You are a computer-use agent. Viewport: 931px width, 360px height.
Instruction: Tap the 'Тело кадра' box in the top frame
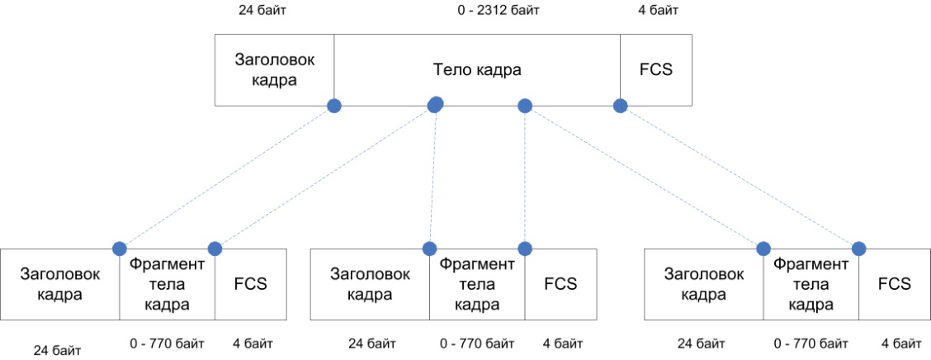tap(477, 70)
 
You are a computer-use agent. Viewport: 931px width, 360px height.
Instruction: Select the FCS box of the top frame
tap(656, 70)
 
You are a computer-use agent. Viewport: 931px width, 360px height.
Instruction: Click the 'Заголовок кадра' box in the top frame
tap(275, 70)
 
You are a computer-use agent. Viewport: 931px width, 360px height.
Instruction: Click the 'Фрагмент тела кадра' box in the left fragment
tap(168, 284)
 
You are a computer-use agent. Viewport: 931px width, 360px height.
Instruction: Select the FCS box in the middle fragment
tap(560, 284)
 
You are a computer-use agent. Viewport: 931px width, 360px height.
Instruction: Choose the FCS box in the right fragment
tap(894, 284)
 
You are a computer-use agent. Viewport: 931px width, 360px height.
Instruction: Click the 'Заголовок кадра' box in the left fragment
tap(60, 284)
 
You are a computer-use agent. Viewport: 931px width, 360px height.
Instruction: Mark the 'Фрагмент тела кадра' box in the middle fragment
tap(477, 284)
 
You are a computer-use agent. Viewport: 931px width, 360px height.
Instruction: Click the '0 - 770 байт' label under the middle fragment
tap(477, 343)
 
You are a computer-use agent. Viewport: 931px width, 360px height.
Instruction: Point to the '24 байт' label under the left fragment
tap(58, 351)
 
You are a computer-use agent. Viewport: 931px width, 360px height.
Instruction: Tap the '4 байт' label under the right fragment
tap(900, 343)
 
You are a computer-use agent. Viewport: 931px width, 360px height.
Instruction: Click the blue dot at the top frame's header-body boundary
tap(334, 106)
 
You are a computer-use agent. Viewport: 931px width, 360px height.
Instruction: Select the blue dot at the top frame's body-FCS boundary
tap(620, 106)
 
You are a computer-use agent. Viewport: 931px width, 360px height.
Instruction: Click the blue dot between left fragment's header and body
tap(120, 248)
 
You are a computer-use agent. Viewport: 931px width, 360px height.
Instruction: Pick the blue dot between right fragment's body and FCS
tap(858, 248)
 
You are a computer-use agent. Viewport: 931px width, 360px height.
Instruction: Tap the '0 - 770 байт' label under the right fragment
tap(810, 343)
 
